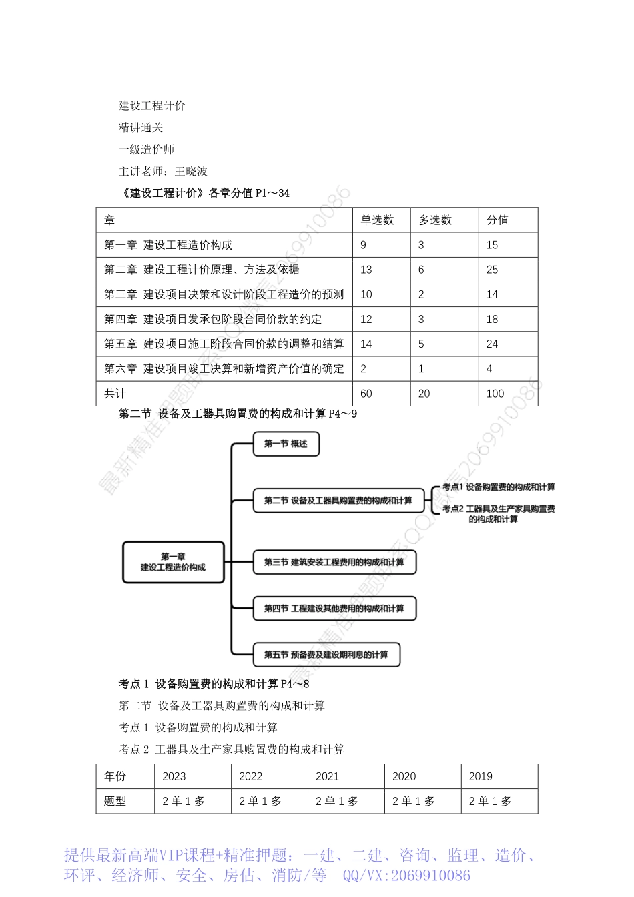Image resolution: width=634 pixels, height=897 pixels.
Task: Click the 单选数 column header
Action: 377,220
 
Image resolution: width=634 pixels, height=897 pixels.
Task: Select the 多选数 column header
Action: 435,220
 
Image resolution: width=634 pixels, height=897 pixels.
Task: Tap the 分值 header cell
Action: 497,220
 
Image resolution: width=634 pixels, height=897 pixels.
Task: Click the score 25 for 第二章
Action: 493,270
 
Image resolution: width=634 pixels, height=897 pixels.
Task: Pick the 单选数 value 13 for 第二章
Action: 366,270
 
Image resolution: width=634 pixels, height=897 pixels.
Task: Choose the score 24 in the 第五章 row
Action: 493,344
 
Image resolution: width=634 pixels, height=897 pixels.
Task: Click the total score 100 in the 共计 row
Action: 495,394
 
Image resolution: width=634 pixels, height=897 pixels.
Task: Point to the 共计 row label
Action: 115,394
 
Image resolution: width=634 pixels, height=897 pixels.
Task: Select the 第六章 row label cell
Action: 224,368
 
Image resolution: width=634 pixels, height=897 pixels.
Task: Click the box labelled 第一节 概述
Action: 286,444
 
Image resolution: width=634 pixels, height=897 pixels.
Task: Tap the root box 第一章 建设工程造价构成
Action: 173,562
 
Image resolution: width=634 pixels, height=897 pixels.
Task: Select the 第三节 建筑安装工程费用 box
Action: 334,562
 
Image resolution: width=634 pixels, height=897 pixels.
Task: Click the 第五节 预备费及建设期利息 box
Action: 326,655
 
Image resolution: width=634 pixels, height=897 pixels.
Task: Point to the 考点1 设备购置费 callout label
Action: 499,487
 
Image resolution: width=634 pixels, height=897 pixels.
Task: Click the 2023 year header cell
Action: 174,776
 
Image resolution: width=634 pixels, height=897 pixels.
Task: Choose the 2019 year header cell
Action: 481,776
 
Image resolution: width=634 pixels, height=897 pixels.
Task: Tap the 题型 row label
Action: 115,801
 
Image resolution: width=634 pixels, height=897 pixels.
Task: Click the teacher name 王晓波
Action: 191,172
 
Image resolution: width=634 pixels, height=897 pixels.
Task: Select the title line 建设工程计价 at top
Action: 152,105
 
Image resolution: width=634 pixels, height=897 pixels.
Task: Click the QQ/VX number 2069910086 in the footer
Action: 430,876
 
